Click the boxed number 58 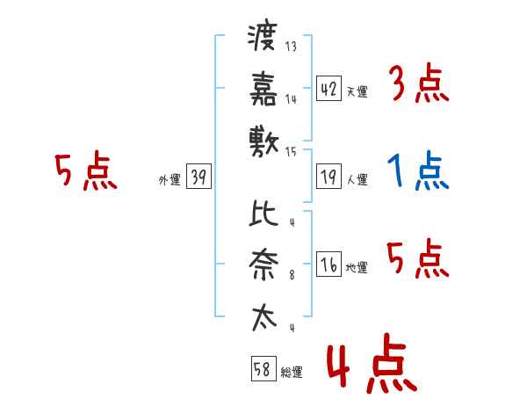click(263, 370)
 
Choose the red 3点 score click(418, 84)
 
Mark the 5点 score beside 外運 click(85, 172)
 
